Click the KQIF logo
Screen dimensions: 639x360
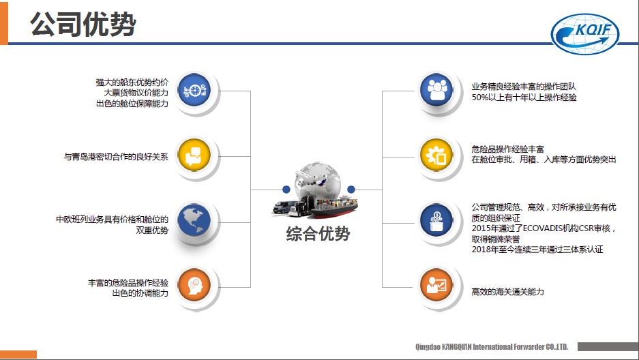585,34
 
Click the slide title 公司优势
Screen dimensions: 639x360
83,24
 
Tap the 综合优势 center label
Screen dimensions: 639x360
318,234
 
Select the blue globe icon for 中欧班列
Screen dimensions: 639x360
195,221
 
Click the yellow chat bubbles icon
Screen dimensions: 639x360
195,155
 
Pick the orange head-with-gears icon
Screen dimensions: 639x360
195,285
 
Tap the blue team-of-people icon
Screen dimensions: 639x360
436,90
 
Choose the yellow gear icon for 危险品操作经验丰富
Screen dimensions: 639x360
436,155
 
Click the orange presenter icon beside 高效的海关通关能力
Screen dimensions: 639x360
436,285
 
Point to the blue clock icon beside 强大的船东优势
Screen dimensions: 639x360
195,91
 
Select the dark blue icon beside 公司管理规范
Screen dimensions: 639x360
436,220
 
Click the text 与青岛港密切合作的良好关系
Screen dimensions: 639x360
116,157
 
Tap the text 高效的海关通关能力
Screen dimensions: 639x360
508,292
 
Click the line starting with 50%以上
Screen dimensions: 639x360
524,97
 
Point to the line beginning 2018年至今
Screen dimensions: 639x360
537,250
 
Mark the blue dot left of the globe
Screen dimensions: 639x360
286,190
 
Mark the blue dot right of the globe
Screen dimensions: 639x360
351,189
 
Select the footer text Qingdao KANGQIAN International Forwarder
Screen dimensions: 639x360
492,347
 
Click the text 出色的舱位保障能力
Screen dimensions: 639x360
132,104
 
